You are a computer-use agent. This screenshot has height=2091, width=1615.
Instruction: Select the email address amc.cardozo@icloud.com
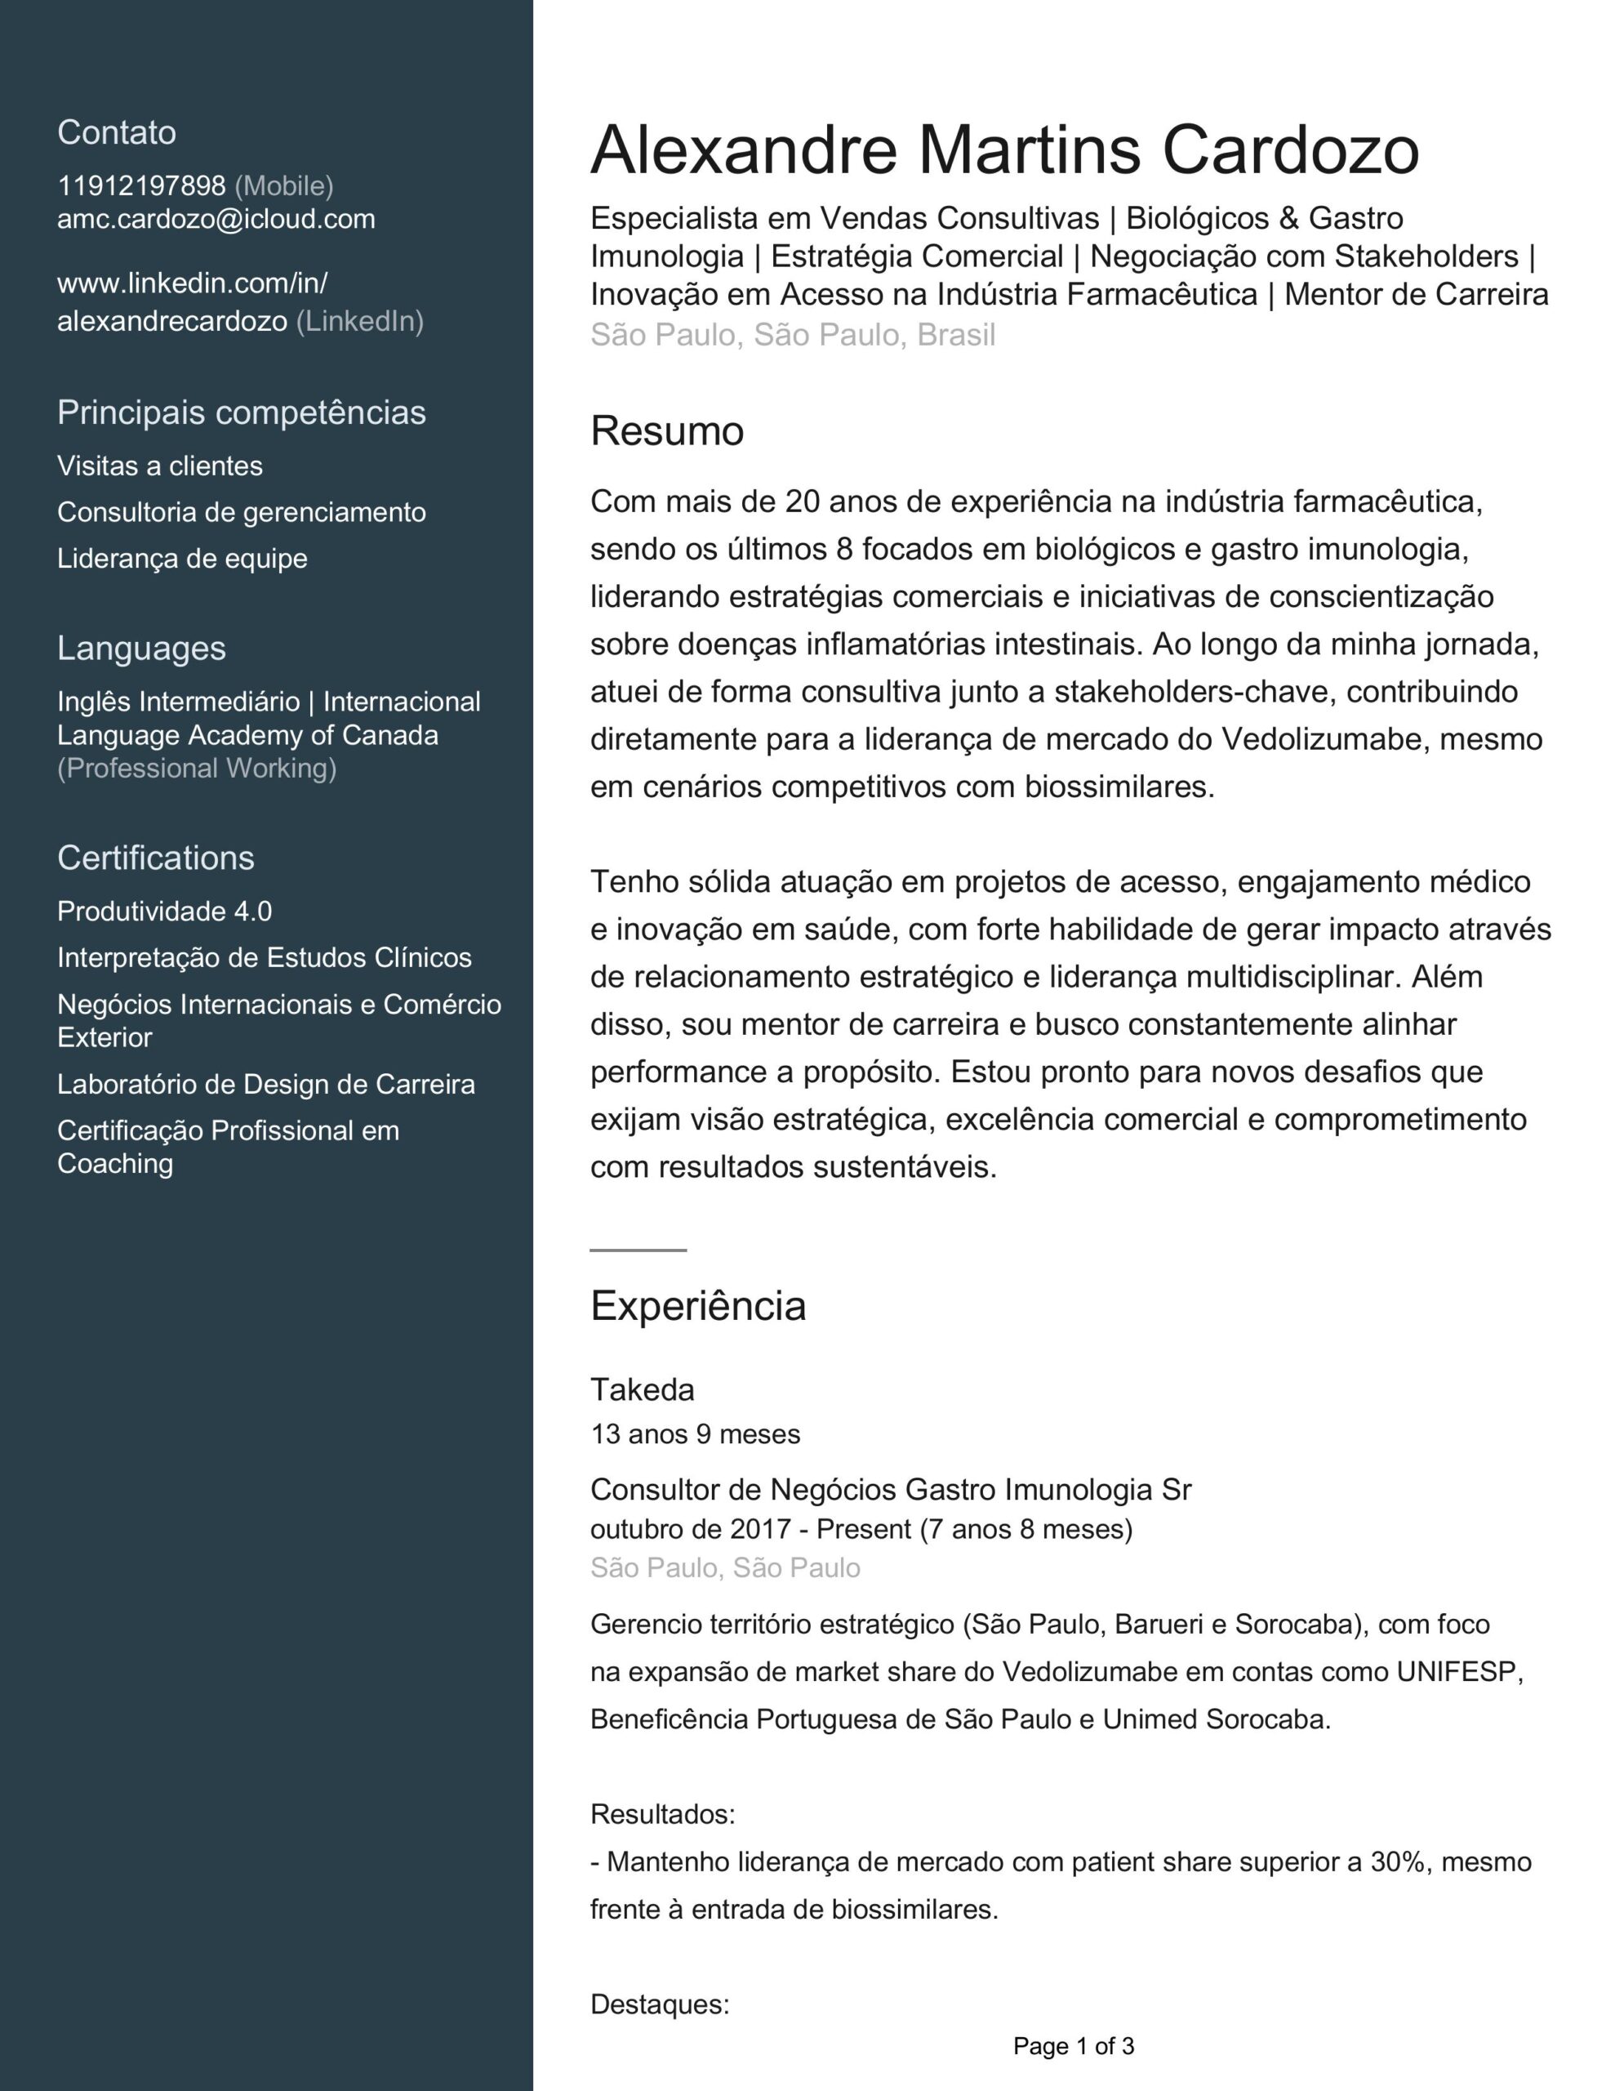(x=216, y=219)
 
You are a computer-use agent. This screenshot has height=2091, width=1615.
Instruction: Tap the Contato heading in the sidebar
(x=116, y=132)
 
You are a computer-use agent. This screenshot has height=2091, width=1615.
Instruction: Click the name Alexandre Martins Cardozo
(x=1003, y=150)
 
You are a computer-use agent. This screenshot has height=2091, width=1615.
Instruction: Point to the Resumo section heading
(x=666, y=430)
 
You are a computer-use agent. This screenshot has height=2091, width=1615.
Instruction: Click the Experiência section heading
(x=697, y=1306)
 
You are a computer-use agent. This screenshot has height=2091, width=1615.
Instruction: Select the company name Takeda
(x=642, y=1389)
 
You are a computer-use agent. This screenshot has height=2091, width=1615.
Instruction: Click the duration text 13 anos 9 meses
(x=694, y=1434)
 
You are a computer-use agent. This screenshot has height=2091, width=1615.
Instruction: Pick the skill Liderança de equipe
(x=182, y=558)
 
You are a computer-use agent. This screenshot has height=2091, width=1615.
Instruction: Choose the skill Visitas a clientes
(x=159, y=466)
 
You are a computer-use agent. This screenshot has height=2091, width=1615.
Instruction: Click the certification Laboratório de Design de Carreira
(x=265, y=1084)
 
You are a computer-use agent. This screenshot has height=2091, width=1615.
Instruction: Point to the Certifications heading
(x=155, y=858)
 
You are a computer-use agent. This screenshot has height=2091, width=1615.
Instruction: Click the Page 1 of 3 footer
(x=1073, y=2046)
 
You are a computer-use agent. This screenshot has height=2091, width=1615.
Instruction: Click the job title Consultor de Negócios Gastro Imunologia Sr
(x=889, y=1490)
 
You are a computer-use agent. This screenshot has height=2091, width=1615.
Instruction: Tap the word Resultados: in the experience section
(x=661, y=1814)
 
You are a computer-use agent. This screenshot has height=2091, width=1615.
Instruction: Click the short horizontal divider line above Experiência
(x=638, y=1251)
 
